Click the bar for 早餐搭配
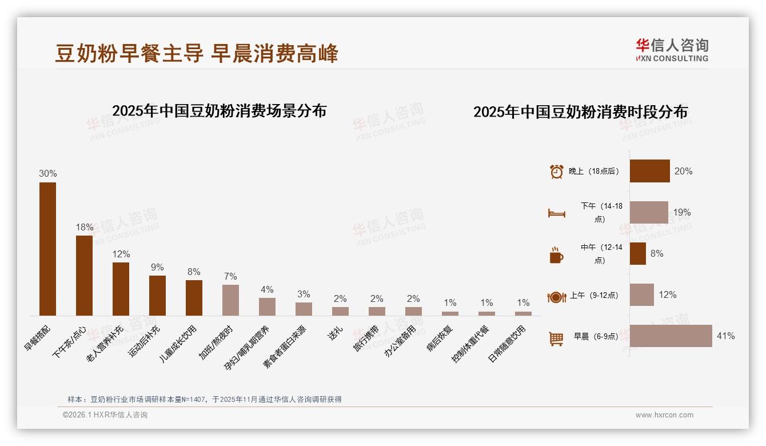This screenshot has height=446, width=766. coord(47,249)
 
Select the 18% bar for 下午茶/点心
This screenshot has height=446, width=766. coord(84,275)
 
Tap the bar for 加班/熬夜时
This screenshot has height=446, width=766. coord(230,300)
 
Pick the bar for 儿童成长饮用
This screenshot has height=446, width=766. coord(194,297)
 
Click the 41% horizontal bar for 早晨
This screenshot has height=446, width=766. coord(671,336)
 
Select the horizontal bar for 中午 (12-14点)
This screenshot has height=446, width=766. coord(637,253)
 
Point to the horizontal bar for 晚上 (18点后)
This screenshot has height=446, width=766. coord(649,171)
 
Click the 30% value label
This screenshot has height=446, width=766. coord(47,173)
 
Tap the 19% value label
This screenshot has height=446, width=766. coord(681,212)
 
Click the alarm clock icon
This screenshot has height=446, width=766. coord(556,171)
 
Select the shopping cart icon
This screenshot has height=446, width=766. coord(556,339)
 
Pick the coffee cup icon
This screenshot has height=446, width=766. coord(556,256)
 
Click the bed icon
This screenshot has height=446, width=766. coord(556,213)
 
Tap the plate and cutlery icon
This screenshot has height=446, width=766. coord(556,297)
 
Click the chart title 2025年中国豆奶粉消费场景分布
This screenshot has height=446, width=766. coord(219,110)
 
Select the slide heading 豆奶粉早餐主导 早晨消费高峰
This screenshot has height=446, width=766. coord(197,53)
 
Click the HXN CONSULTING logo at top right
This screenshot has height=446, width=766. coord(672,50)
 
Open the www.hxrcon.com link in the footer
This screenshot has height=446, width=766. coord(664,415)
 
